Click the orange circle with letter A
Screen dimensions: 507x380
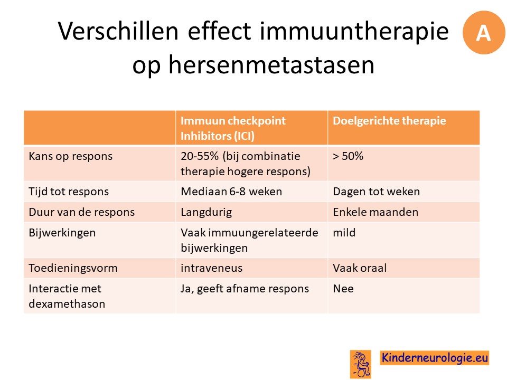(x=484, y=32)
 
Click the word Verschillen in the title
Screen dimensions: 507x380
(x=118, y=31)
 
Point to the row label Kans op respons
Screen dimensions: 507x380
(x=70, y=156)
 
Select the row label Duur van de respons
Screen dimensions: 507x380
(x=81, y=212)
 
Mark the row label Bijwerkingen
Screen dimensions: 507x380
(x=62, y=233)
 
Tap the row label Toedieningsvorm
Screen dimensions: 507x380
(x=73, y=268)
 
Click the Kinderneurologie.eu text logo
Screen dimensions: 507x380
(x=434, y=358)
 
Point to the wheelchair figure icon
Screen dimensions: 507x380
(x=361, y=364)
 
